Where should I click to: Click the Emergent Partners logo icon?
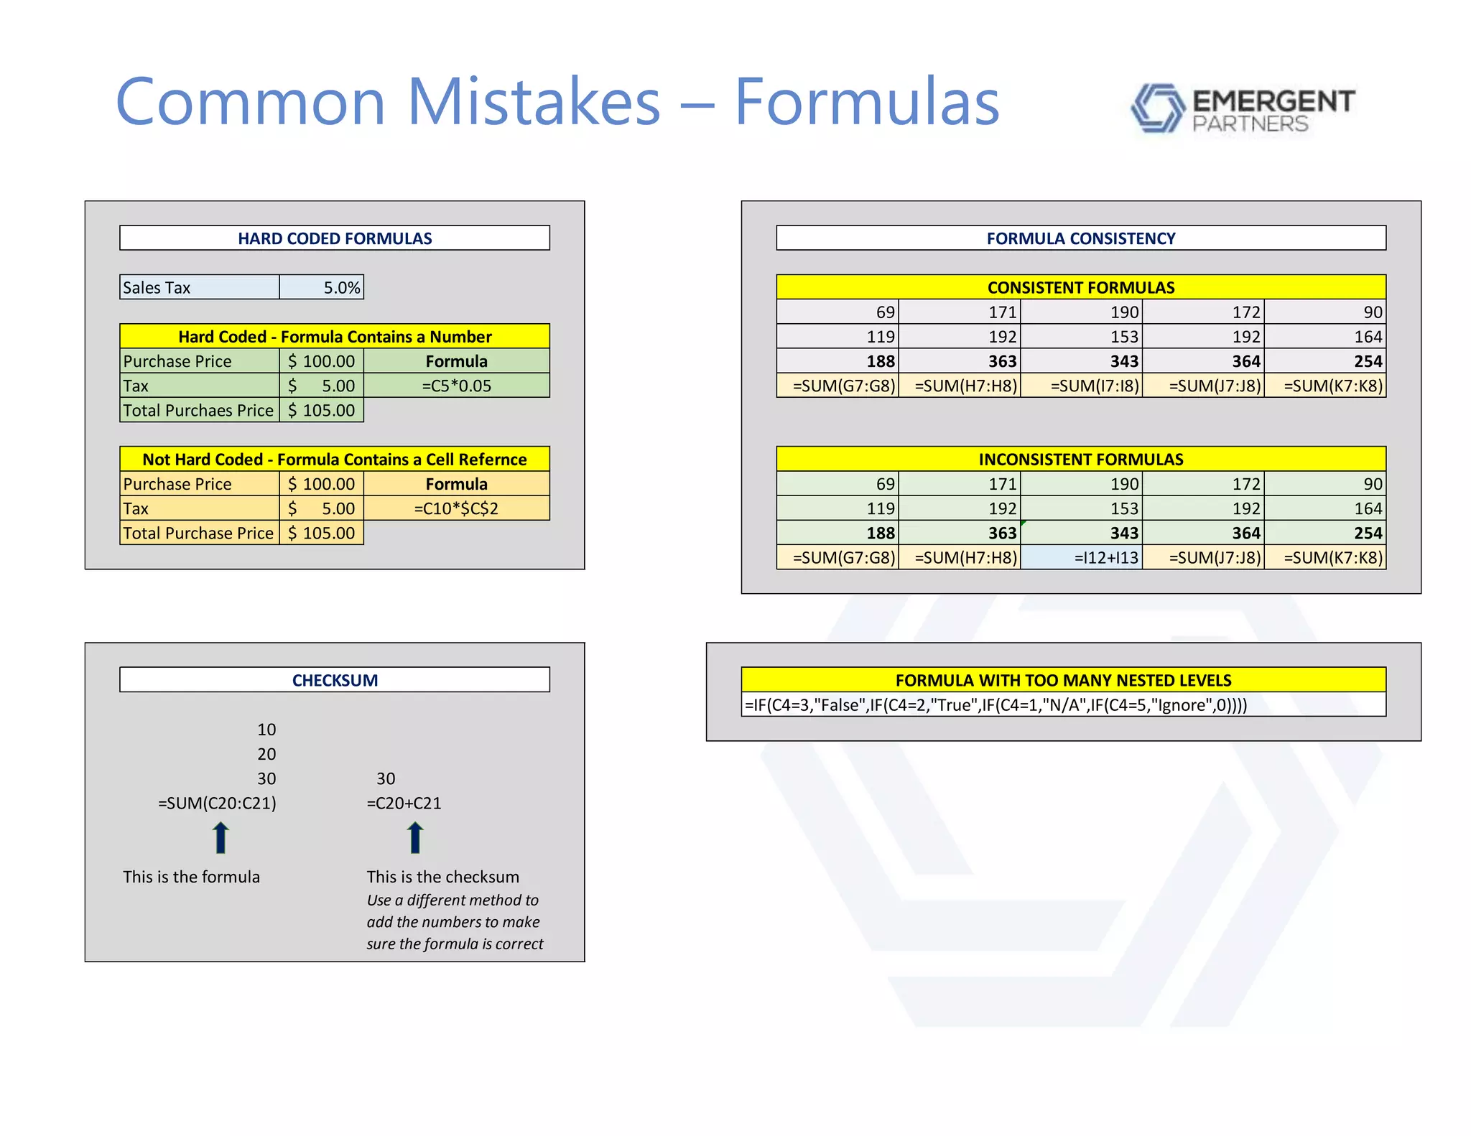[1157, 108]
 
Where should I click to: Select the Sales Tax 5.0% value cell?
[322, 287]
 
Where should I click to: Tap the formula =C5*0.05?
[456, 386]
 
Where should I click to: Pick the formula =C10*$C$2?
[456, 508]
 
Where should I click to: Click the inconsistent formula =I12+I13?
[1082, 557]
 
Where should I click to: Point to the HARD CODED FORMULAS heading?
[335, 238]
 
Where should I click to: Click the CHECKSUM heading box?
[335, 680]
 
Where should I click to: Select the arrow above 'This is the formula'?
[221, 837]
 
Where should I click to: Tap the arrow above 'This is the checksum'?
[415, 837]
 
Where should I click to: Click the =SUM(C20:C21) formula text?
[217, 803]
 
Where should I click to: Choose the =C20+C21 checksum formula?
[404, 803]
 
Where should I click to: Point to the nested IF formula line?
[996, 704]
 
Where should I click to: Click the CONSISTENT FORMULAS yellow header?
[1081, 287]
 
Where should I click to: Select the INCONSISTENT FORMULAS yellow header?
[1081, 460]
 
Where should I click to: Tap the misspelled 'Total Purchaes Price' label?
[198, 411]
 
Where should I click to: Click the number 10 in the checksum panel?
[266, 730]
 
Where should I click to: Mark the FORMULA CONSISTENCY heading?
[1081, 238]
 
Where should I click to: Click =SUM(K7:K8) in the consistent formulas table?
[1326, 386]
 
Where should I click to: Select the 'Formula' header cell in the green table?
[456, 361]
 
